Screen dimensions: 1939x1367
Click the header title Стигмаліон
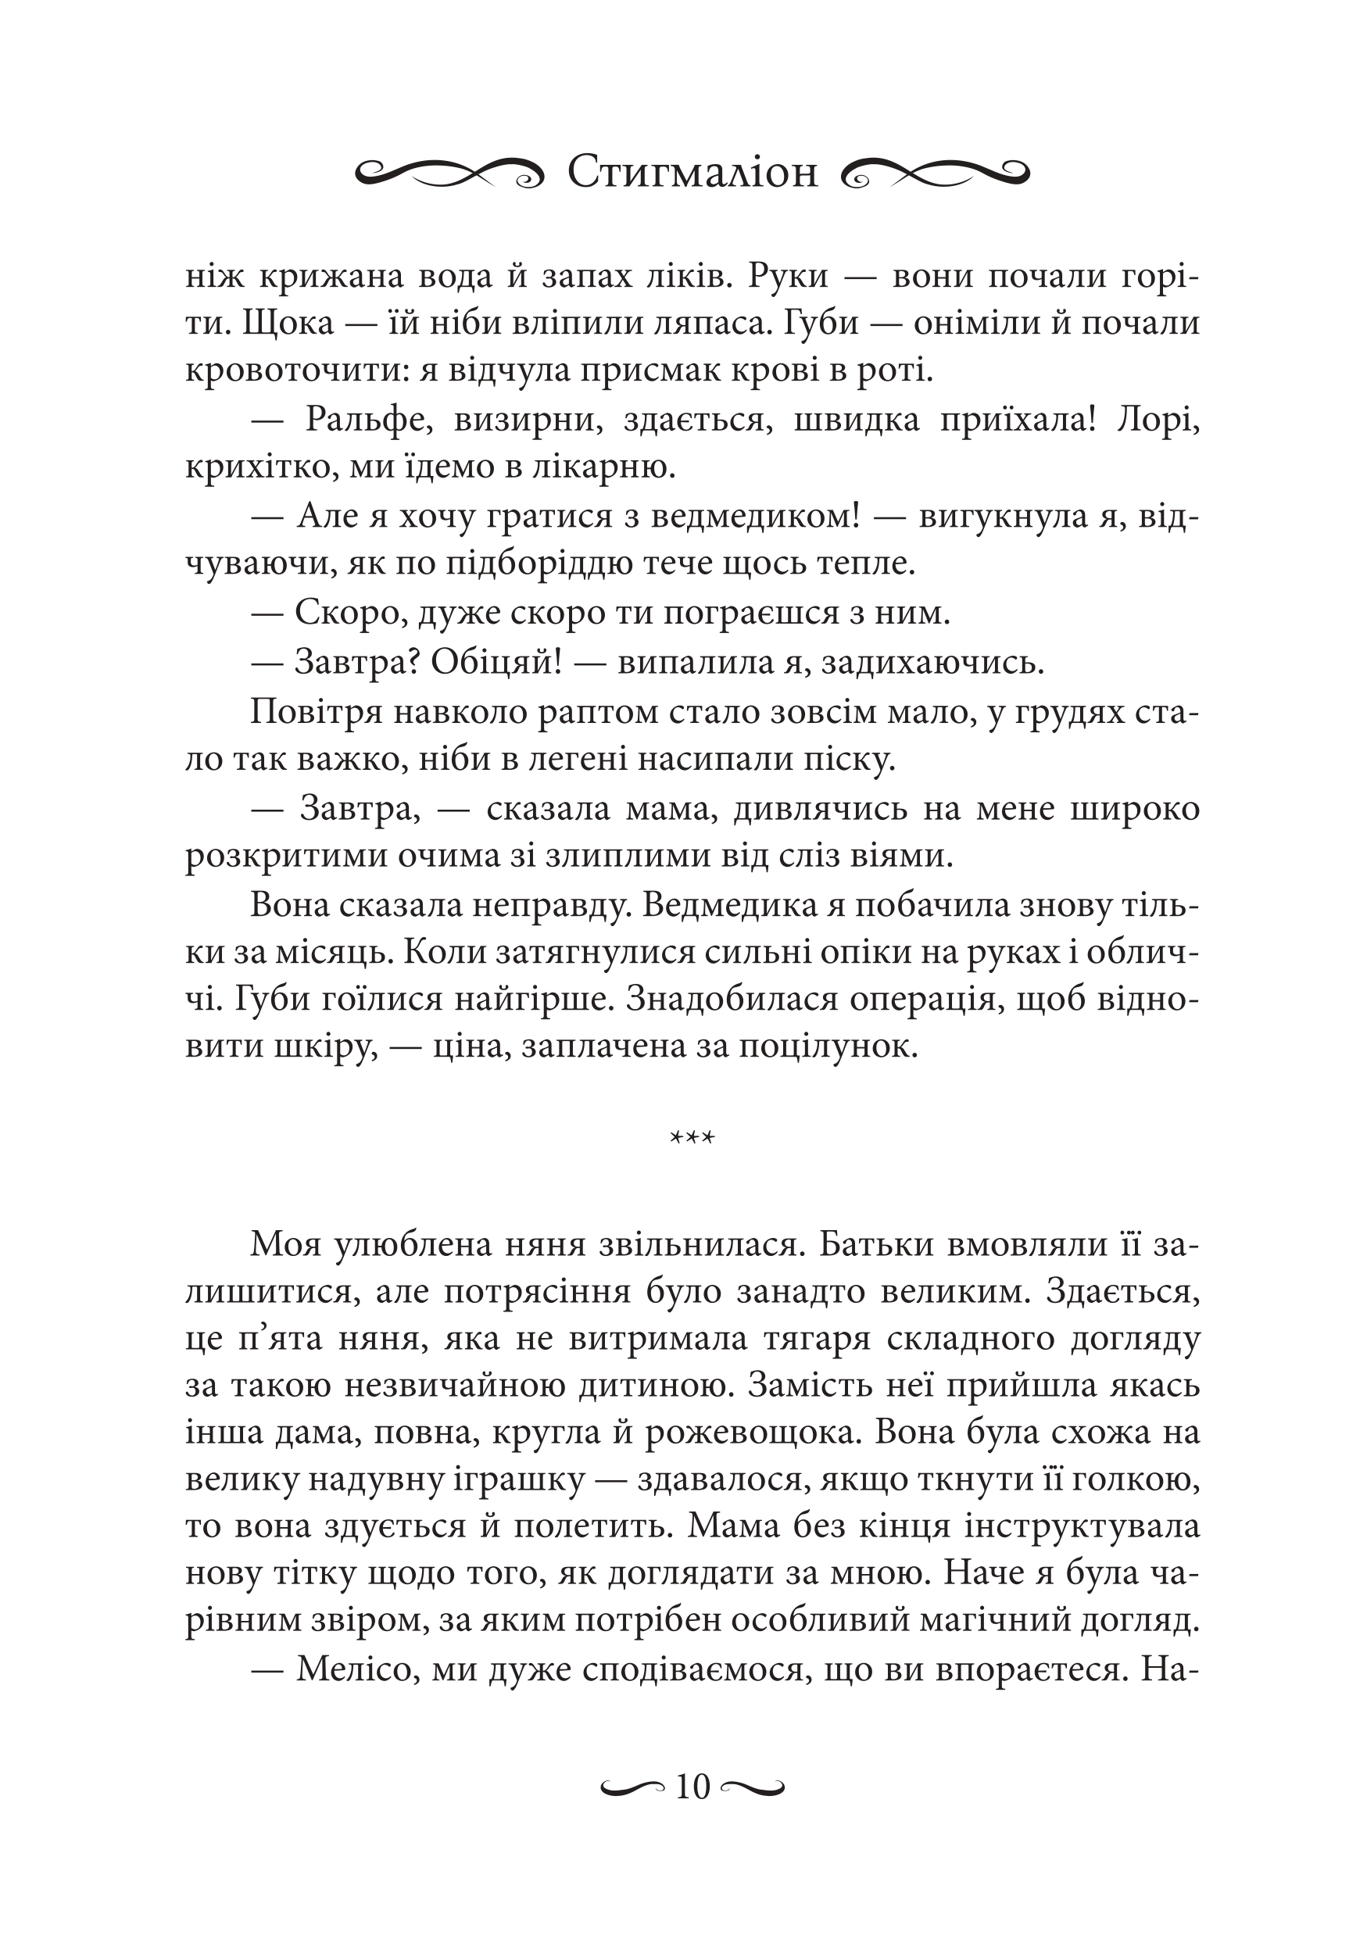[692, 174]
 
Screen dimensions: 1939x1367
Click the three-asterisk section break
[692, 1139]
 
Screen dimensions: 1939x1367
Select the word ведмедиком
[758, 517]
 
